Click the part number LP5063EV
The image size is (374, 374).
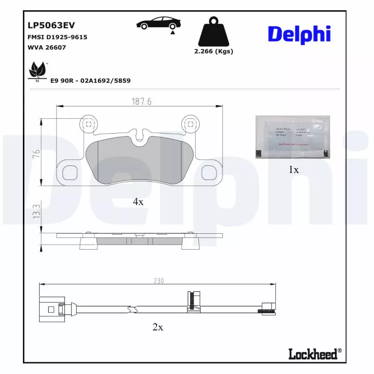pyautogui.click(x=51, y=25)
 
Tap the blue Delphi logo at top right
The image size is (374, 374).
pyautogui.click(x=299, y=34)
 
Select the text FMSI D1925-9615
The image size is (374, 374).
pyautogui.click(x=58, y=37)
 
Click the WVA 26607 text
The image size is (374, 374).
pyautogui.click(x=48, y=47)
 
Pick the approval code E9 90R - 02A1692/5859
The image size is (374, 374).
pyautogui.click(x=90, y=80)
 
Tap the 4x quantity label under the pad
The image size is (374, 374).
pyautogui.click(x=138, y=201)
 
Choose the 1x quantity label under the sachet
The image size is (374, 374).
pyautogui.click(x=294, y=170)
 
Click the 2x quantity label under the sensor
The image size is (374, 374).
pyautogui.click(x=158, y=327)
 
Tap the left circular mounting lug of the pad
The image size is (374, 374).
pyautogui.click(x=88, y=123)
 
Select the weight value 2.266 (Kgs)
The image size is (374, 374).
pyautogui.click(x=213, y=51)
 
